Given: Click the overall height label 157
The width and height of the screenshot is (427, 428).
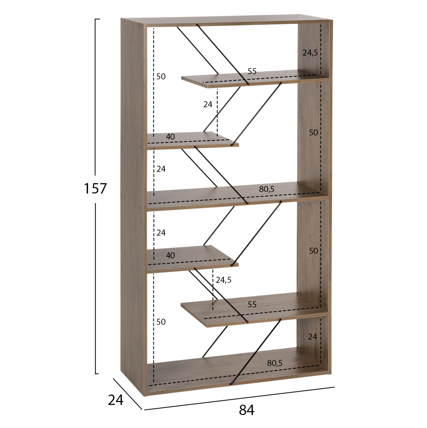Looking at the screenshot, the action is click(x=95, y=188).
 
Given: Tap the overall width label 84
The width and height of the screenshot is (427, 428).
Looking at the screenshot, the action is click(x=246, y=410).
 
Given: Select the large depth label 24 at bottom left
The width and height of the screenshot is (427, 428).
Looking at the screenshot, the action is click(x=115, y=400).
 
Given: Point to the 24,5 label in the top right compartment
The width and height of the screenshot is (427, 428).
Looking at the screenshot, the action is click(x=310, y=53).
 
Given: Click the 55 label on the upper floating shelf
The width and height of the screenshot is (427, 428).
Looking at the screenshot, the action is click(x=252, y=71).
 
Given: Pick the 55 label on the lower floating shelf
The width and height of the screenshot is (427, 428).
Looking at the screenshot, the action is click(x=252, y=304).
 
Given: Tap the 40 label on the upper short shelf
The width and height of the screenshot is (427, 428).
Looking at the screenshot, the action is click(x=170, y=137).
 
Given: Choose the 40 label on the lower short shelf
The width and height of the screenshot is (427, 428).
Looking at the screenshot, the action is click(x=170, y=255).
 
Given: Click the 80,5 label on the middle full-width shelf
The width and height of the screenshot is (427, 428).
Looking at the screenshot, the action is click(x=267, y=189).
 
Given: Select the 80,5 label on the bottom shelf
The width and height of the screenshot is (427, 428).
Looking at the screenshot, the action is click(x=275, y=363).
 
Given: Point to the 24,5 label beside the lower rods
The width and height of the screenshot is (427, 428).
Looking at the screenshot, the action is click(x=224, y=280).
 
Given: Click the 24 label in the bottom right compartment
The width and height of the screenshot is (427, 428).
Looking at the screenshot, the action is click(x=312, y=337).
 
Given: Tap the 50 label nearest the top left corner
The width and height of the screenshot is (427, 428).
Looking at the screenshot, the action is click(x=161, y=76).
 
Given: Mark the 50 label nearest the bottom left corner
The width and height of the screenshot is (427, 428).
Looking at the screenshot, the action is click(x=161, y=322).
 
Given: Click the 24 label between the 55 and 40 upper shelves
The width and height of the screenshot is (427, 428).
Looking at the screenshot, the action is click(x=208, y=104).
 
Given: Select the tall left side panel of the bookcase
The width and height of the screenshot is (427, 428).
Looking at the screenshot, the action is click(x=133, y=205).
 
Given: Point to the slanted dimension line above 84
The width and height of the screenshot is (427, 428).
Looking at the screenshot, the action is click(x=239, y=398).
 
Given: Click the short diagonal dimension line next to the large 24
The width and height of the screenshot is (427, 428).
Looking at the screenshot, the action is click(x=127, y=394).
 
